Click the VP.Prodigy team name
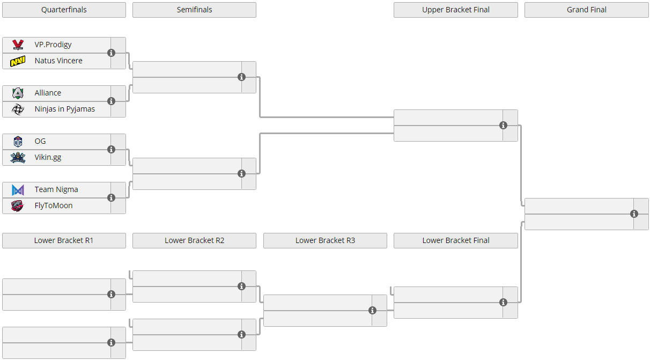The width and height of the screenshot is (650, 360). pyautogui.click(x=53, y=45)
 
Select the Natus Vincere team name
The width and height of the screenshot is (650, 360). pyautogui.click(x=58, y=61)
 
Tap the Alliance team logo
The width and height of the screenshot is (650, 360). pyautogui.click(x=18, y=93)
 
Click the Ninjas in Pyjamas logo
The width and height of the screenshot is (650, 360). pyautogui.click(x=18, y=109)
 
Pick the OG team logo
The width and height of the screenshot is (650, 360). pyautogui.click(x=18, y=142)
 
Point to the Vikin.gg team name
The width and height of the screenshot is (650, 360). pyautogui.click(x=48, y=157)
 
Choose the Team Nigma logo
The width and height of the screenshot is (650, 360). pyautogui.click(x=18, y=190)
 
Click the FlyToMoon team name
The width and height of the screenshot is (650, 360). pyautogui.click(x=54, y=205)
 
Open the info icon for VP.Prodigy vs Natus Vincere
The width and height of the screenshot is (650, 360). pyautogui.click(x=111, y=53)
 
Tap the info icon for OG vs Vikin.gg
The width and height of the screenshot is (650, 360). pyautogui.click(x=111, y=150)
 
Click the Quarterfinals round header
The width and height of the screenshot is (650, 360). pyautogui.click(x=64, y=10)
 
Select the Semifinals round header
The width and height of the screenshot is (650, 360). pyautogui.click(x=195, y=10)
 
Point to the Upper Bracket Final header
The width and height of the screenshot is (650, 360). pyautogui.click(x=455, y=10)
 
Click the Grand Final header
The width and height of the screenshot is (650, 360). pyautogui.click(x=587, y=10)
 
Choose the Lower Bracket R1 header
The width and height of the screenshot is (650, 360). pyautogui.click(x=64, y=240)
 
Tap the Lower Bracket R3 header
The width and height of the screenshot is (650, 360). pyautogui.click(x=325, y=240)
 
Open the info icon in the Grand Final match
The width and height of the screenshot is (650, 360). pyautogui.click(x=634, y=214)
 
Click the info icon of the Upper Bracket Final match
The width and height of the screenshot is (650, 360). pyautogui.click(x=503, y=126)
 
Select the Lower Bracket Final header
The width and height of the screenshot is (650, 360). pyautogui.click(x=455, y=240)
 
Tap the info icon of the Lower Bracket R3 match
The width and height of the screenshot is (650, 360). pyautogui.click(x=372, y=311)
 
